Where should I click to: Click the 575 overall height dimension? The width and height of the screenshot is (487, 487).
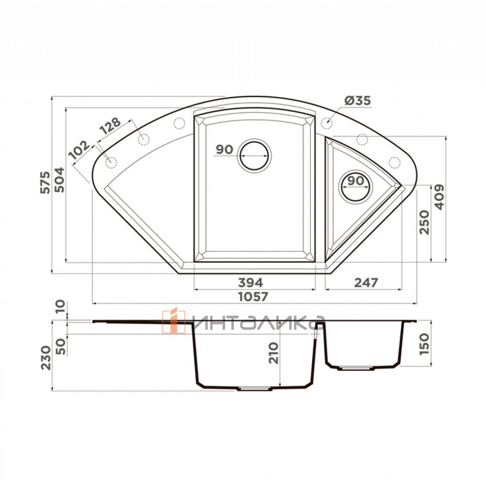(45, 183)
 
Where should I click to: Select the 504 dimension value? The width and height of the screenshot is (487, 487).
(59, 180)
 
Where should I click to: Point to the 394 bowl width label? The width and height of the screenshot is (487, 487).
(250, 282)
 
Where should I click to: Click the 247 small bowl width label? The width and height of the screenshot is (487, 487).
(366, 282)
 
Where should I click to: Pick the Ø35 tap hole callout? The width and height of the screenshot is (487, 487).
(358, 101)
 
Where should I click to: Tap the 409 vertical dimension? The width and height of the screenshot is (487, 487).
(440, 197)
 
